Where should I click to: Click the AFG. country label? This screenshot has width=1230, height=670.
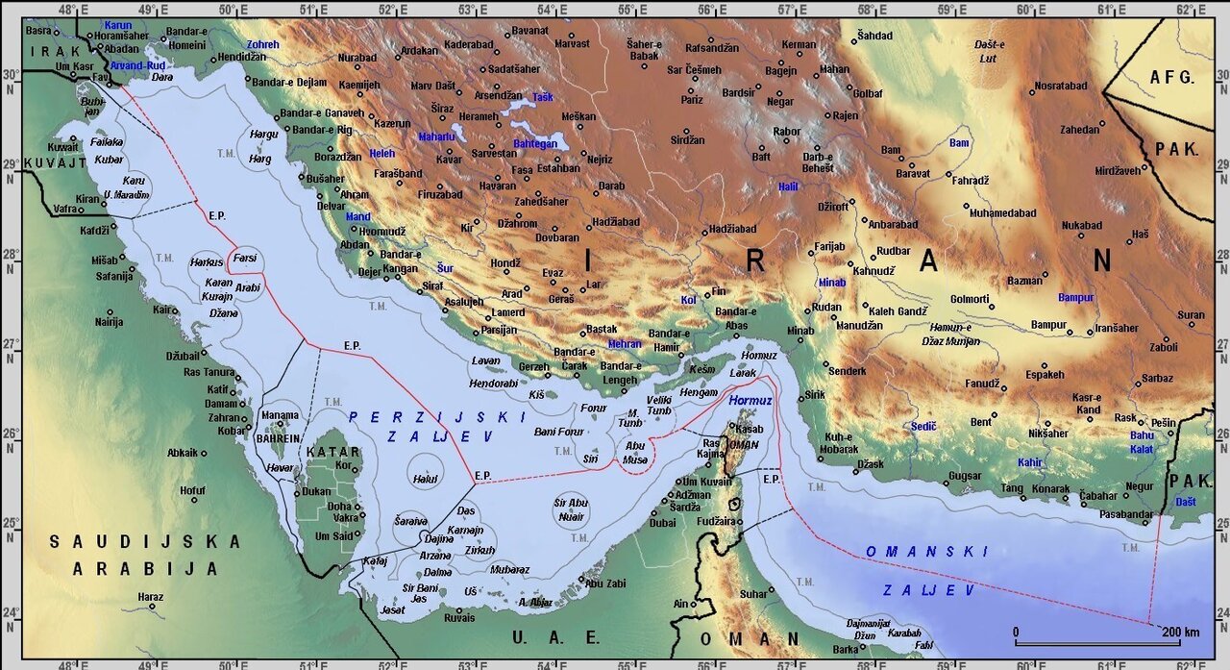1171,77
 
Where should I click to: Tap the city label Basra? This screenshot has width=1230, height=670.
39,31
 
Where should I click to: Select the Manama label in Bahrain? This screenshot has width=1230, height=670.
280,416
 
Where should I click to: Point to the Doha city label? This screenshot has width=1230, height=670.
339,506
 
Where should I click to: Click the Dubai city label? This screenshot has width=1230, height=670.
662,523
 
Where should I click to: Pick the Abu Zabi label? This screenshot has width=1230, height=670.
605,583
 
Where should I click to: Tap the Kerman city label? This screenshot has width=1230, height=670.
799,45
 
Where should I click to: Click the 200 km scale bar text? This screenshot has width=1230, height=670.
1179,632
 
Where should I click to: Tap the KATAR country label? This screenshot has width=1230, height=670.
332,452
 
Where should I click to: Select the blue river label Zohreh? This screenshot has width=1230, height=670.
262,45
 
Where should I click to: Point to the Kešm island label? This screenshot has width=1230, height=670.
702,369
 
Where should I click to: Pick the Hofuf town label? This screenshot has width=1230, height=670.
192,490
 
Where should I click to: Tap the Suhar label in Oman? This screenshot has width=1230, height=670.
753,594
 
